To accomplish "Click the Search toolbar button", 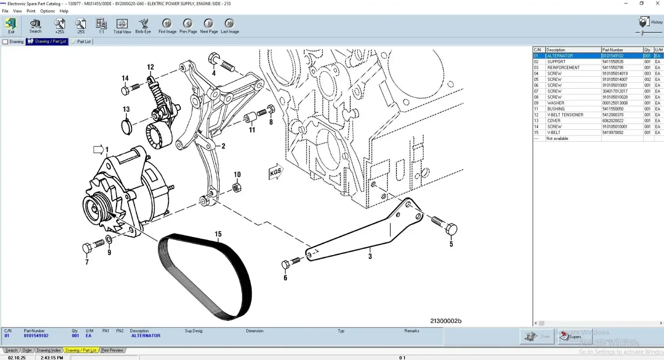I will pos(35,26).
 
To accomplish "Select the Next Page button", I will pos(209,26).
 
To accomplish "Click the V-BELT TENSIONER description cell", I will pos(565,115).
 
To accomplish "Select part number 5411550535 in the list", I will pos(613,62).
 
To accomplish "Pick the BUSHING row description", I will pos(556,109).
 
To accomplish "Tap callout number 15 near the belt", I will pos(218,234).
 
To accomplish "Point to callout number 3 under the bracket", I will pos(370,256).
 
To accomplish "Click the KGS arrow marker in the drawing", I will pos(276,172).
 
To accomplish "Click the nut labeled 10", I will pos(237,188).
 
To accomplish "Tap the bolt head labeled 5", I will pos(451,229).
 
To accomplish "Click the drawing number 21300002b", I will pos(445,321).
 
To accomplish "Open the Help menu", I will pos(64,11).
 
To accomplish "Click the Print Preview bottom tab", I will pos(112,350).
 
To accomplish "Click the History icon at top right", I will pos(644,22).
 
